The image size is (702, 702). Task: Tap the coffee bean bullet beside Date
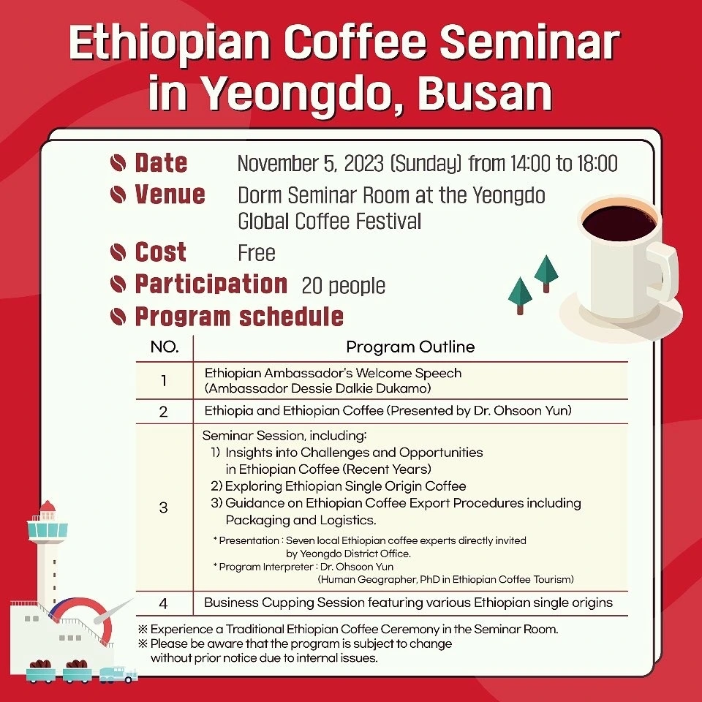point(118,162)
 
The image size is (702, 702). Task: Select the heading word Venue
point(170,195)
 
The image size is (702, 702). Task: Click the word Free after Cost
point(257,253)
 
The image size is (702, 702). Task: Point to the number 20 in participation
point(312,286)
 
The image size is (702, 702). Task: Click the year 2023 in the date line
point(364,163)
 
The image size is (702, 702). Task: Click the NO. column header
point(165,347)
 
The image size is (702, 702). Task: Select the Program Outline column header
point(410,347)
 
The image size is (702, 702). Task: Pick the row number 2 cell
point(163,412)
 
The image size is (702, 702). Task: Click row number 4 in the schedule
point(163,604)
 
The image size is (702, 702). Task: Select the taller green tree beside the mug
point(546,273)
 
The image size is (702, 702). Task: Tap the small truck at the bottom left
point(118,675)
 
